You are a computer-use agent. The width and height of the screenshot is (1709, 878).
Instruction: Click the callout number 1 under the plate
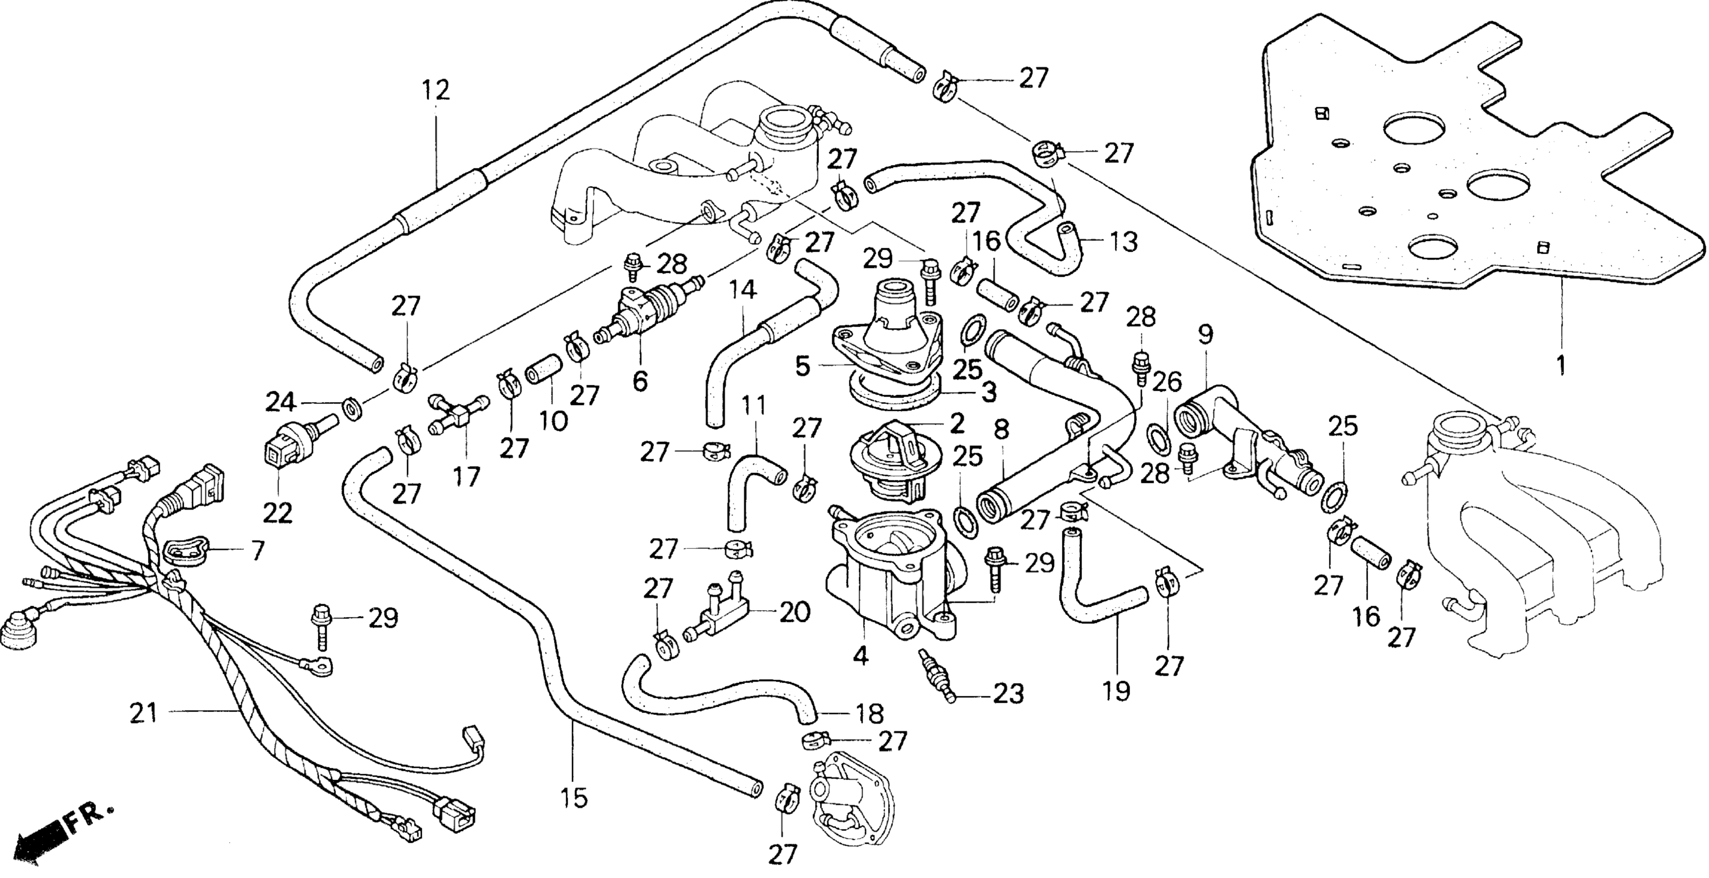pos(1561,365)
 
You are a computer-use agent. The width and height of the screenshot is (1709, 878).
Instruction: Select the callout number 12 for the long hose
pos(435,90)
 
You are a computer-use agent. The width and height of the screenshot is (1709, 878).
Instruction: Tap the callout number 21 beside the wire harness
pos(144,713)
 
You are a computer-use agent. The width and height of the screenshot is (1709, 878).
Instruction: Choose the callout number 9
pos(1205,335)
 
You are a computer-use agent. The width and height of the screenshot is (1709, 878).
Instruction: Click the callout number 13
pos(1123,242)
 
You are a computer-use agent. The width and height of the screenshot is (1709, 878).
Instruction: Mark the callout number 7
pos(257,550)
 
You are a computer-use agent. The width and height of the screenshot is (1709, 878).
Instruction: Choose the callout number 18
pos(869,713)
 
